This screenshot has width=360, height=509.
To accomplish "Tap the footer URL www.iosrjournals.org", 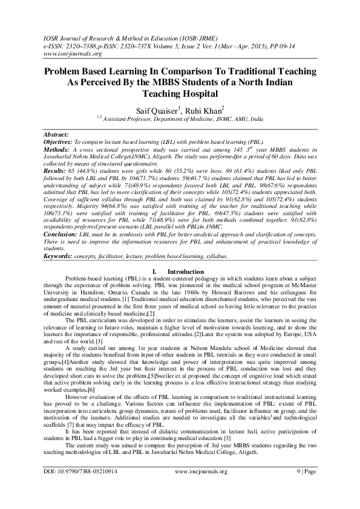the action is click(201, 488).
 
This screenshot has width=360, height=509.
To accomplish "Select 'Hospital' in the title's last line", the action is click(198, 94).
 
